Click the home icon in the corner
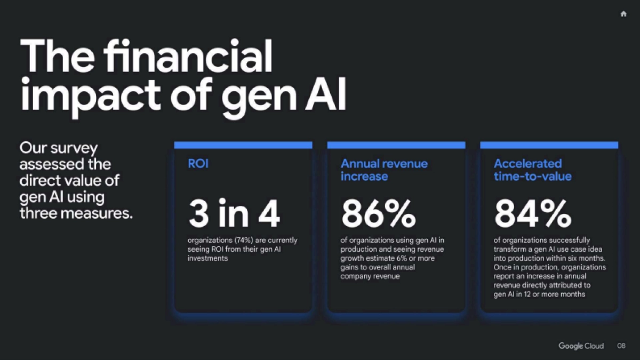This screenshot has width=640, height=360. tap(623, 14)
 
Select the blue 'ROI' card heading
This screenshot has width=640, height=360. tap(198, 164)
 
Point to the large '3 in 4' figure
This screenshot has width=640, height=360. tap(234, 213)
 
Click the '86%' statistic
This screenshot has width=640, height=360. tap(379, 213)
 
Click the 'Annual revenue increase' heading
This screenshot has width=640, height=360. tap(384, 170)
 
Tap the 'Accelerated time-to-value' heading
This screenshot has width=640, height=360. tap(532, 170)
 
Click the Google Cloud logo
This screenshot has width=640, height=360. tap(581, 346)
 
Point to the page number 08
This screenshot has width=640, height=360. tap(621, 346)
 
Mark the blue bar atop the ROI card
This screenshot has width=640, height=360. tap(243, 145)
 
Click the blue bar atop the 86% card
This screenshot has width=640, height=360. tap(396, 145)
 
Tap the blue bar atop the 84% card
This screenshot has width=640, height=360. tap(549, 145)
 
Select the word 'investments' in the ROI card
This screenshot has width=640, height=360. tap(208, 259)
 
